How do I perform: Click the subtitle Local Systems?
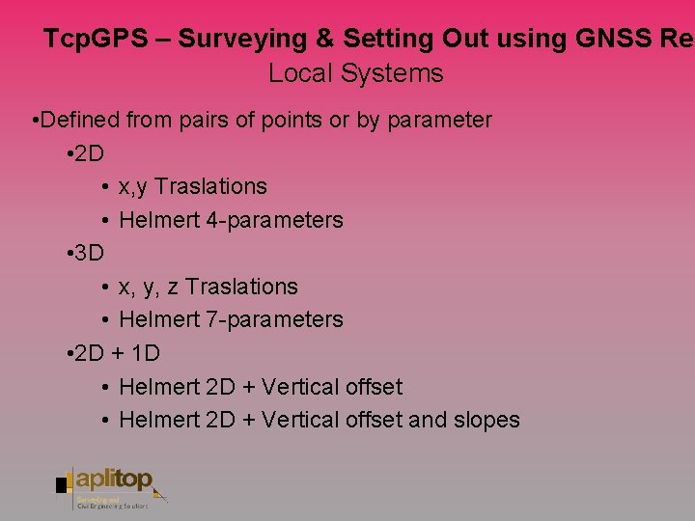tap(355, 73)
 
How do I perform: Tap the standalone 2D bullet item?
tap(89, 153)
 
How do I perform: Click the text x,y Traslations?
tap(192, 186)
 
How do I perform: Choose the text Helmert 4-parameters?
tap(231, 220)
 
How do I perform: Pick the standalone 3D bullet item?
tap(89, 254)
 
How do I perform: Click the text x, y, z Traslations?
tap(208, 287)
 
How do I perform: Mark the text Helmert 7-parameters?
tap(231, 319)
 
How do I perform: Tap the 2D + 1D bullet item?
tap(117, 353)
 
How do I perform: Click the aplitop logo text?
tap(116, 480)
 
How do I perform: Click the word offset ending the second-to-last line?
tap(372, 387)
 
